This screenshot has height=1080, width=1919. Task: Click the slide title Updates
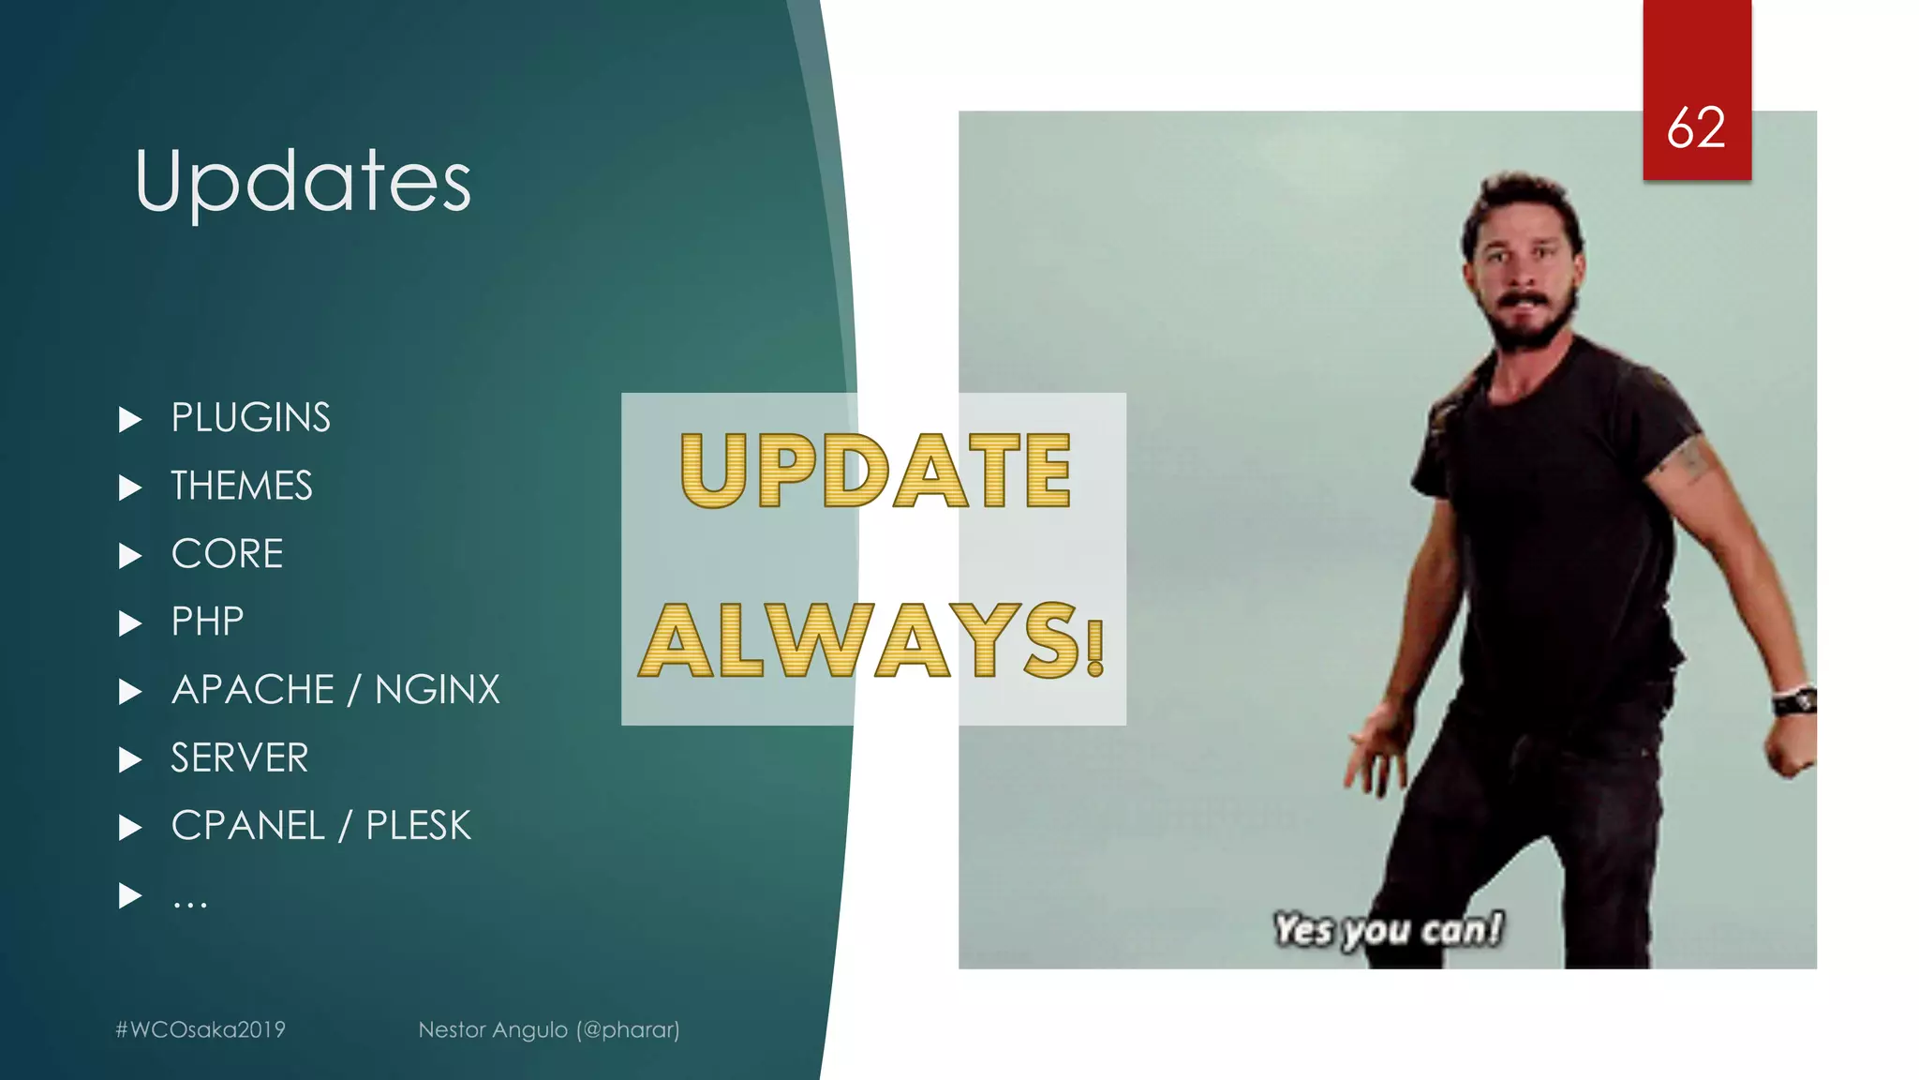pos(303,181)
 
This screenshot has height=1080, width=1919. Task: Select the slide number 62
pos(1696,127)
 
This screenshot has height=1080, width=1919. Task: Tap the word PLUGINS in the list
pos(250,418)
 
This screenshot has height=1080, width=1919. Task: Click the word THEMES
pos(241,487)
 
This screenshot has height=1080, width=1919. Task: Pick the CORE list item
pos(227,554)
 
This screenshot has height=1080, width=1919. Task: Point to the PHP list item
pos(207,622)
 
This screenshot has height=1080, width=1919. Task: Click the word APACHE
pos(253,690)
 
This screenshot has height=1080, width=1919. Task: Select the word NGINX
pos(437,690)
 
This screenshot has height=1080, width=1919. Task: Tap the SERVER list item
pos(239,758)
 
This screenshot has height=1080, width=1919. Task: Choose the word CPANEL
pos(248,826)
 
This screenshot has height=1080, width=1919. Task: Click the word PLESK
pos(418,826)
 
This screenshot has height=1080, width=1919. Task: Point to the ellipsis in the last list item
pos(189,903)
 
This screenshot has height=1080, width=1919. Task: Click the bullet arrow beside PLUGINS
pos(130,419)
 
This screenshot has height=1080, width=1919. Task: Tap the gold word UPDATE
pos(875,471)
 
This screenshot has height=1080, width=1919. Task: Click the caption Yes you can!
pos(1388,930)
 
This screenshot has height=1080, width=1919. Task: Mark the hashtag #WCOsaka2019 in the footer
pos(200,1029)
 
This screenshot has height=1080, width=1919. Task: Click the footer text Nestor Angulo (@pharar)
pos(549,1029)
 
